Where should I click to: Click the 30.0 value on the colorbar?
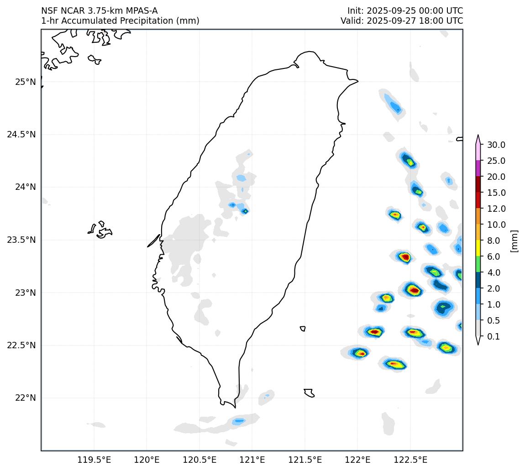[x=496, y=145]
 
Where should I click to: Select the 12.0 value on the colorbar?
[x=496, y=209]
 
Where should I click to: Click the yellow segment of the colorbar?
[x=478, y=248]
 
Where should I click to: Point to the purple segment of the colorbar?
[x=478, y=168]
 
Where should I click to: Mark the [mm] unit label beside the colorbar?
[x=514, y=241]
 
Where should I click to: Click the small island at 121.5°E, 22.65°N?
[x=303, y=329]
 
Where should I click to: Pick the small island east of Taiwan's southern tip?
[x=309, y=392]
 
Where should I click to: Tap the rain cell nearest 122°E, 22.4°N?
[x=361, y=353]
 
